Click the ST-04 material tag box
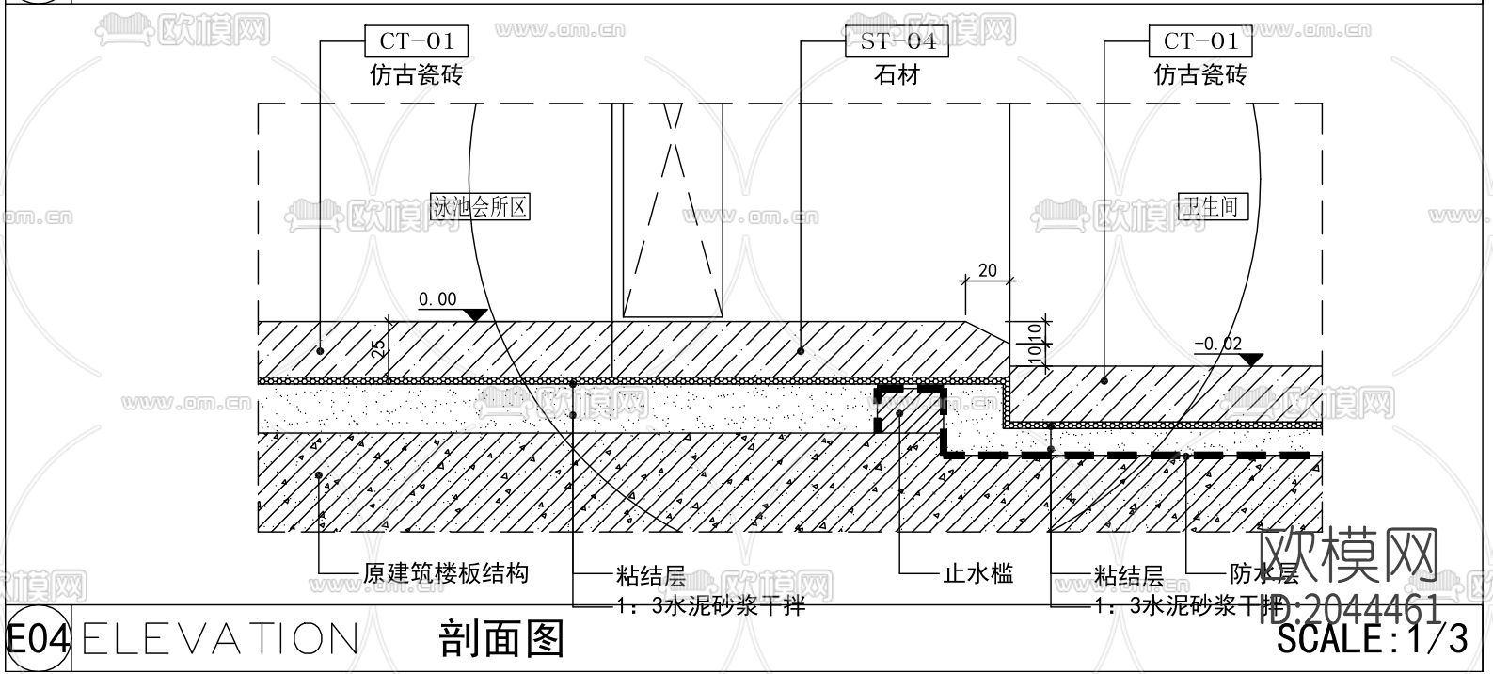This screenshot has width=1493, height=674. (x=898, y=41)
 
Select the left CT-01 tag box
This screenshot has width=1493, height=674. (x=416, y=41)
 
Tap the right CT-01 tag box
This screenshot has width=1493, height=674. (x=1200, y=41)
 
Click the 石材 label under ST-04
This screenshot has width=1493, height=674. (x=897, y=74)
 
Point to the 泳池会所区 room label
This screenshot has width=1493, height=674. (x=480, y=207)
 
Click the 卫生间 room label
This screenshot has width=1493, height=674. (x=1213, y=206)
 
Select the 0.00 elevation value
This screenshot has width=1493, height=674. (x=437, y=300)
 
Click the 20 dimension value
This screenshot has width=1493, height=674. (x=987, y=271)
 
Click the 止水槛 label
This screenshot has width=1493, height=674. (x=977, y=572)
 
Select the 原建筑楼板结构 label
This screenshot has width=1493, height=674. (x=446, y=572)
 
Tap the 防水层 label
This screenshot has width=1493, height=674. (x=1263, y=573)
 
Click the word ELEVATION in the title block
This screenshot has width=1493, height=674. (x=220, y=639)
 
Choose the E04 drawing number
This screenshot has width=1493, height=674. (x=38, y=639)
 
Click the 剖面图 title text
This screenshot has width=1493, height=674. (x=501, y=639)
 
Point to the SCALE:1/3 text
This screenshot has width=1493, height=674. (x=1372, y=640)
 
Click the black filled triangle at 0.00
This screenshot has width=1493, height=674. (x=474, y=314)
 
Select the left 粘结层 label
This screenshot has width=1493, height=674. (x=650, y=574)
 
